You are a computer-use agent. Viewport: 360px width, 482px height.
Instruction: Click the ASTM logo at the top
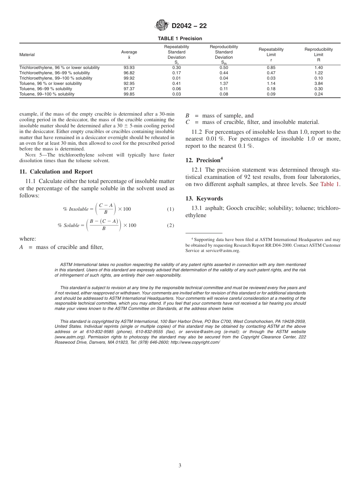[x=162, y=26]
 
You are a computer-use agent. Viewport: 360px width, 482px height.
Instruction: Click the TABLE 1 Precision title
[x=180, y=39]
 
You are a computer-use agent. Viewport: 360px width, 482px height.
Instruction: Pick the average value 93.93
[x=129, y=68]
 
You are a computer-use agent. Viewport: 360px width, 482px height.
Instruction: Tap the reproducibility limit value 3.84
[x=318, y=84]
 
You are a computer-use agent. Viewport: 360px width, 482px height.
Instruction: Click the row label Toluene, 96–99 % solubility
[x=45, y=89]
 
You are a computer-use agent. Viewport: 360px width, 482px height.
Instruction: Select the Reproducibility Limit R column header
[x=318, y=55]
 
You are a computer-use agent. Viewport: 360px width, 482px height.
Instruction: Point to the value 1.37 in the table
[x=224, y=84]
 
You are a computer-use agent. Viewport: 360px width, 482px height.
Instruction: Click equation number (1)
[x=171, y=209]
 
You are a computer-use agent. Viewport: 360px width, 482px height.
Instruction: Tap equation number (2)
[x=171, y=225]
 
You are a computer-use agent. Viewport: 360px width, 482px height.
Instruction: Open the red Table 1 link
[x=330, y=185]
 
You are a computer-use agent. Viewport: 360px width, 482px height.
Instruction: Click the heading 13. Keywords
[x=204, y=199]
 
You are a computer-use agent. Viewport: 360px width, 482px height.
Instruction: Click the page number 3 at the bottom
[x=180, y=466]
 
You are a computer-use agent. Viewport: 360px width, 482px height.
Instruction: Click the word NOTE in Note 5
[x=30, y=155]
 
